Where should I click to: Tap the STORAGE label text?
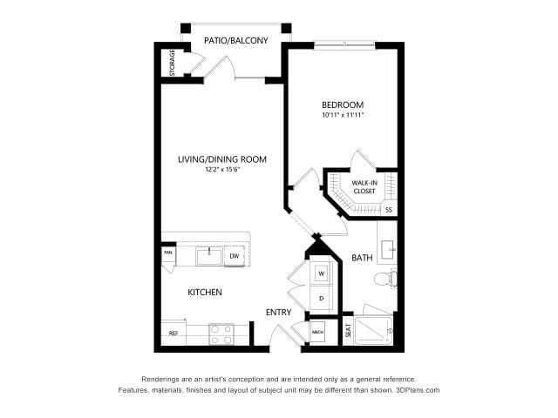coord(171,62)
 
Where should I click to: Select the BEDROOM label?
coord(343,104)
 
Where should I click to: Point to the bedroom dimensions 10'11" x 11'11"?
coord(343,115)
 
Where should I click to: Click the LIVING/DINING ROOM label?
coord(222,159)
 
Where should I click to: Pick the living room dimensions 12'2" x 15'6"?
coord(222,170)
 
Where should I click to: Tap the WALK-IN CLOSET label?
coord(364,186)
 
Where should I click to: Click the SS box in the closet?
coord(388,210)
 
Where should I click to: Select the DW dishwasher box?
coord(234,256)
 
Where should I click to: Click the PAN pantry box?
coord(167,253)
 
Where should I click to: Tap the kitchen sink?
coord(208,256)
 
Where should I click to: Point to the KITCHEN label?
coord(205,293)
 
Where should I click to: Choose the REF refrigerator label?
coord(173,334)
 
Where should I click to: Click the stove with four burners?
coord(221,333)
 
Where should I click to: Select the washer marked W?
coord(321,273)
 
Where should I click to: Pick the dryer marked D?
coord(321,298)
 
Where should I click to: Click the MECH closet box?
coord(318,333)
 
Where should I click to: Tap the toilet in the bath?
coord(384,280)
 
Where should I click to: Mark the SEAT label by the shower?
coord(348,332)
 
